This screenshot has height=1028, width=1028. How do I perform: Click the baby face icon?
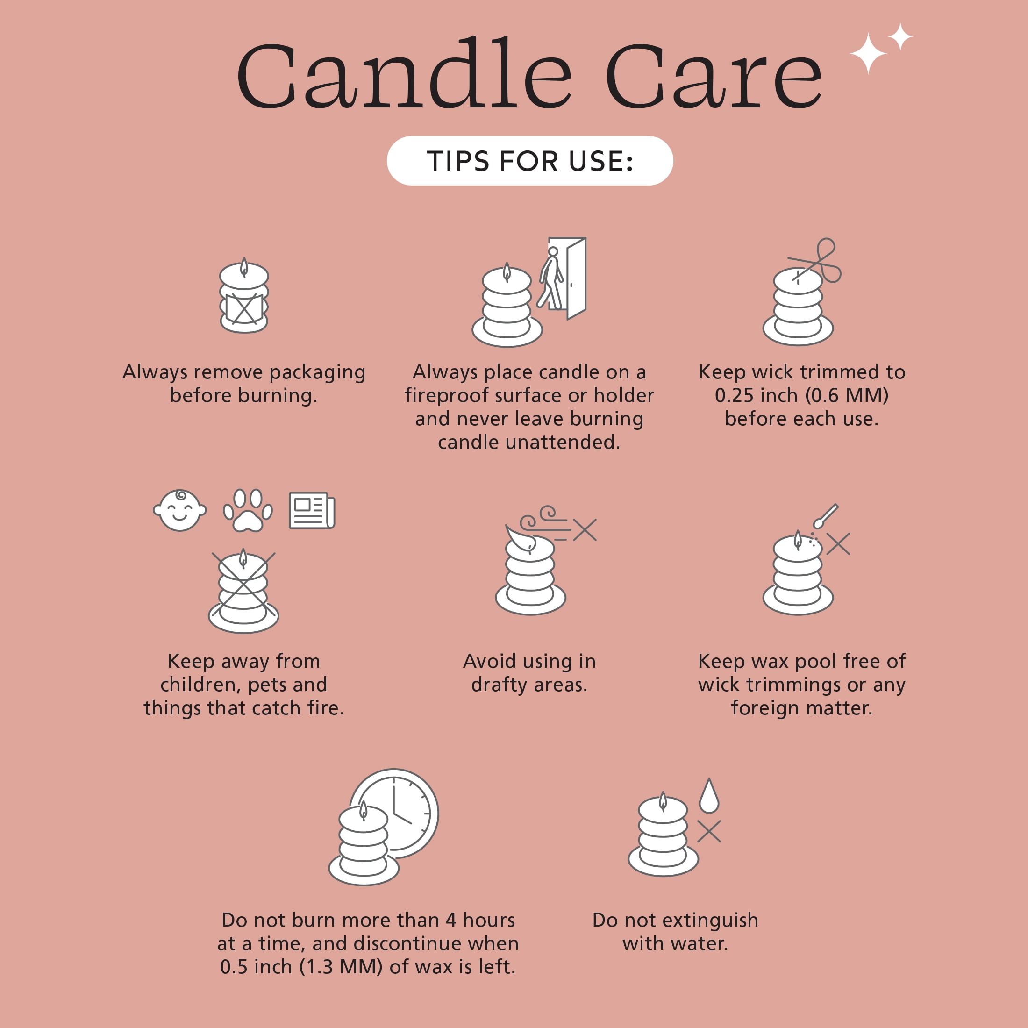pyautogui.click(x=180, y=510)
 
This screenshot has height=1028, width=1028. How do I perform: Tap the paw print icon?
pyautogui.click(x=248, y=510)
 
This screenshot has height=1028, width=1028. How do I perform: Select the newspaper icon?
pyautogui.click(x=312, y=510)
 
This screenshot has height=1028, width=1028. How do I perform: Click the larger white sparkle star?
pyautogui.click(x=868, y=53)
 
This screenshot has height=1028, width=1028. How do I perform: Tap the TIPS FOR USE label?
pyautogui.click(x=530, y=161)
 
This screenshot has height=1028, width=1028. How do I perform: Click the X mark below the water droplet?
pyautogui.click(x=709, y=831)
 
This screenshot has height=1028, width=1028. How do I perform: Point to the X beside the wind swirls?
pyautogui.click(x=585, y=530)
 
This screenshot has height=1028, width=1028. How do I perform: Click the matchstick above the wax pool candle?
pyautogui.click(x=825, y=515)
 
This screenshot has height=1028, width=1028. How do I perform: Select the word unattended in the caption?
pyautogui.click(x=563, y=442)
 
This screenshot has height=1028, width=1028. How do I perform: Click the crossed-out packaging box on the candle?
pyautogui.click(x=244, y=308)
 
